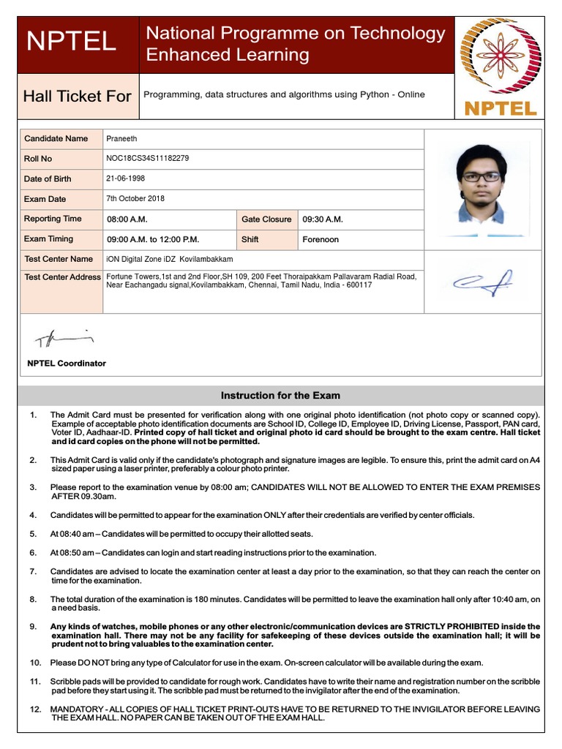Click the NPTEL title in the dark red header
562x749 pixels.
[71, 42]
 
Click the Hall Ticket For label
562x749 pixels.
[78, 96]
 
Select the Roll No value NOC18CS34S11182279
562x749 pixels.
[148, 158]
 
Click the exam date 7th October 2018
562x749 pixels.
[135, 198]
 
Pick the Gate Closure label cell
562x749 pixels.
[266, 219]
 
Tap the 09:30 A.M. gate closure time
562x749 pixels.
[323, 219]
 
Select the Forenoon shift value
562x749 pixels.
[321, 239]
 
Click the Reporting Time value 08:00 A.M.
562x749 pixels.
[127, 219]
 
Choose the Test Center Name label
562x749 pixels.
[59, 259]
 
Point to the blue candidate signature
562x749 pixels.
[482, 282]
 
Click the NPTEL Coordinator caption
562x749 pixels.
[67, 364]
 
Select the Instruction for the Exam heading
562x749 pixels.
[280, 396]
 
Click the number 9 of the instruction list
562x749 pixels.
[33, 627]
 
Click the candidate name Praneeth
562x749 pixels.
[121, 138]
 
